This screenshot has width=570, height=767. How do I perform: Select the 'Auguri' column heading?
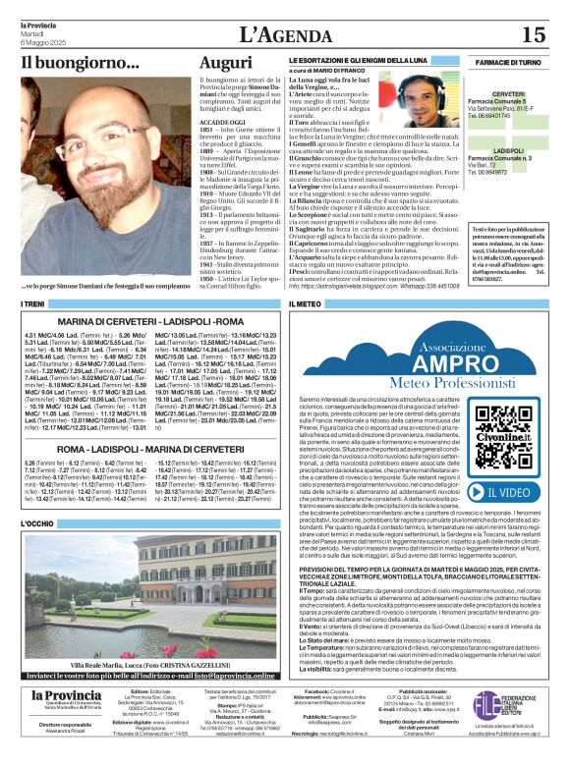(x=225, y=63)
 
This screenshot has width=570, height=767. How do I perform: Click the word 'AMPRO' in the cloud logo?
(x=425, y=356)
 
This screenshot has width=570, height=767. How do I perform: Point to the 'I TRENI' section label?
(x=33, y=305)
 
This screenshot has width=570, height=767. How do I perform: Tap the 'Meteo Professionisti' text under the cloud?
(x=425, y=380)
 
